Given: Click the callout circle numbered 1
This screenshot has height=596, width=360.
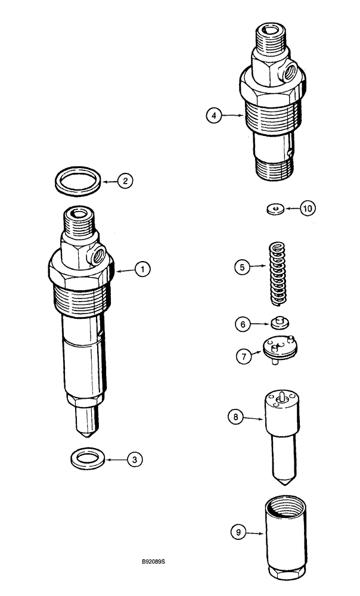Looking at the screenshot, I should [x=141, y=270].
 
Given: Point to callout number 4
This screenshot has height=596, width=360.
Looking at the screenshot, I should [x=213, y=116].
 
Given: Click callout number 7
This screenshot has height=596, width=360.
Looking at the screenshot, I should [x=243, y=356].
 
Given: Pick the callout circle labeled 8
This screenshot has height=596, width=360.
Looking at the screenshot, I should [x=235, y=418].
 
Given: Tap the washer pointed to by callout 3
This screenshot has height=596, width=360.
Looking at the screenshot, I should [x=87, y=459].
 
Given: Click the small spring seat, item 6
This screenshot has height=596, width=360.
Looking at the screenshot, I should [x=278, y=323].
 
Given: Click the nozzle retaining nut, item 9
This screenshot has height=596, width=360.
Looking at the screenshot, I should [x=283, y=533].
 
